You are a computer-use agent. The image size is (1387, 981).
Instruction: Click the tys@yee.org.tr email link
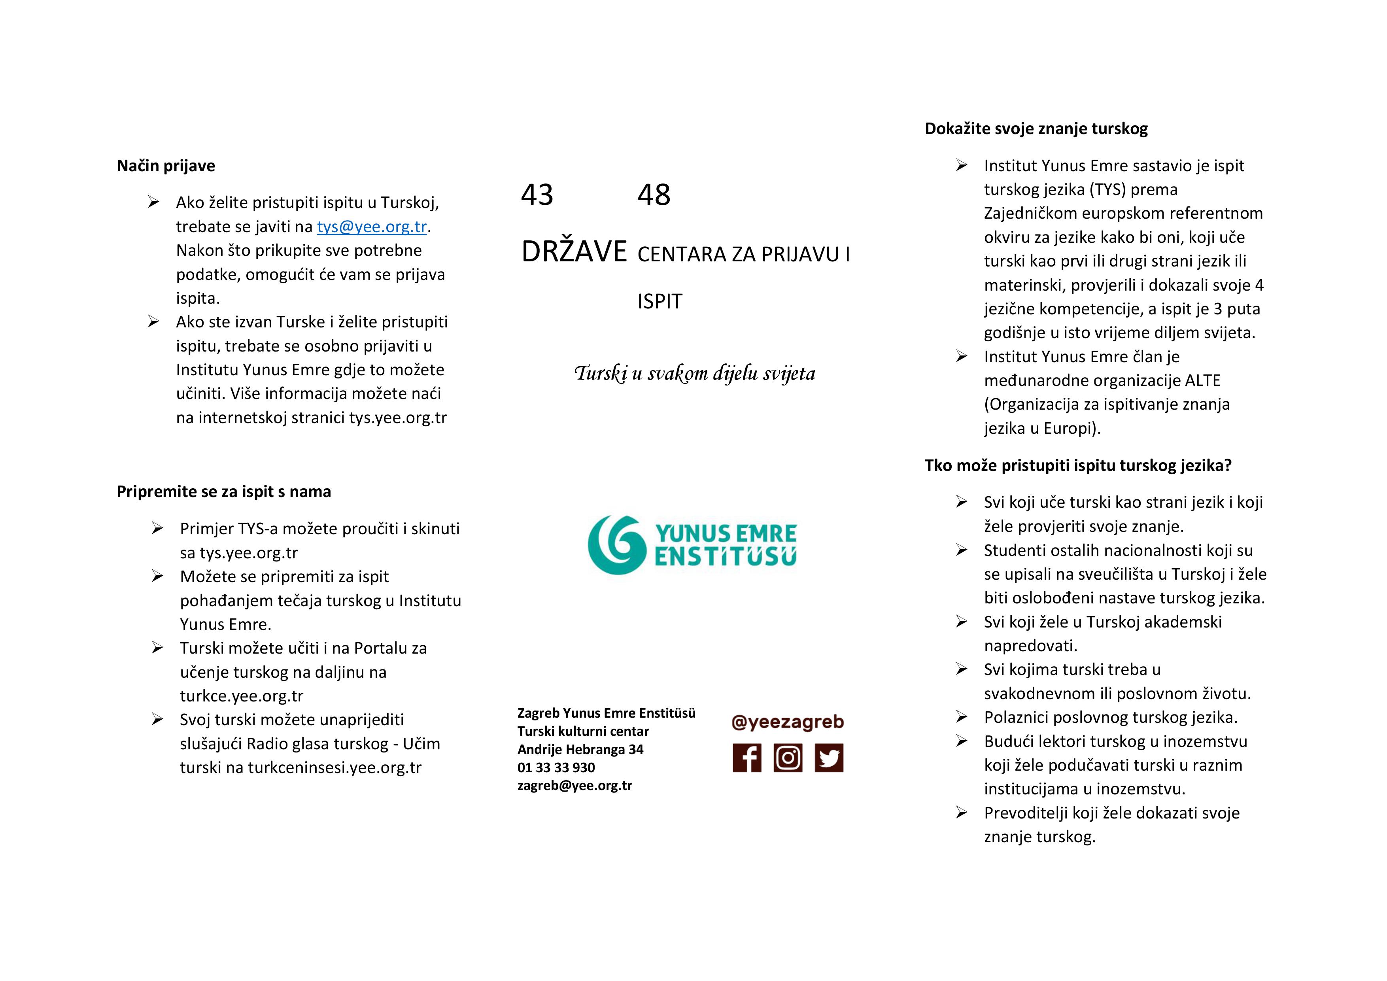coord(372,227)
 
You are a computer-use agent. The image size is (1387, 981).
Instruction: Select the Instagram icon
coord(788,758)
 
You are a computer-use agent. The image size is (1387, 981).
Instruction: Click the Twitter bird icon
coord(829,758)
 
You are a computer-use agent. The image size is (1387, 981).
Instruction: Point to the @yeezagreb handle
coord(787,722)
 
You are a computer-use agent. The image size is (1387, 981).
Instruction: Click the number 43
coord(537,195)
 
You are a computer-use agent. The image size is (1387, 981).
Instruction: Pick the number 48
coord(654,195)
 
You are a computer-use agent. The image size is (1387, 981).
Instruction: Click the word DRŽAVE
coord(574,251)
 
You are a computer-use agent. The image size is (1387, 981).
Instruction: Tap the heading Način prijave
coord(166,166)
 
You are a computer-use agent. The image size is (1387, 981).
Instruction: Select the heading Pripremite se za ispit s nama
coord(223,492)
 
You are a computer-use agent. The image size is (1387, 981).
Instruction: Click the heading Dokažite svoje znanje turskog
coord(1036,129)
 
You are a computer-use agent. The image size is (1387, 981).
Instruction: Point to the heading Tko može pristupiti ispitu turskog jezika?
coord(1078,465)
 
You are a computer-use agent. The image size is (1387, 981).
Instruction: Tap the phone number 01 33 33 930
coord(556,767)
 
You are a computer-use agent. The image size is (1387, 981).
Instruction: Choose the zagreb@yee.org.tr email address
coord(574,785)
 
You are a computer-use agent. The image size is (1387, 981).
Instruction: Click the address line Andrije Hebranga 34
coord(580,749)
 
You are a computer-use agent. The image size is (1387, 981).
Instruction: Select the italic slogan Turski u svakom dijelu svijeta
coord(695,373)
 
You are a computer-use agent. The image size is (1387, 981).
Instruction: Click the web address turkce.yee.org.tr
coord(242,696)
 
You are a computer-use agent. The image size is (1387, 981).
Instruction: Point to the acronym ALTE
coord(1201,380)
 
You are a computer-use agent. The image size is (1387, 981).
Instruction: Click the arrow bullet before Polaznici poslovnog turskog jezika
coord(961,717)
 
